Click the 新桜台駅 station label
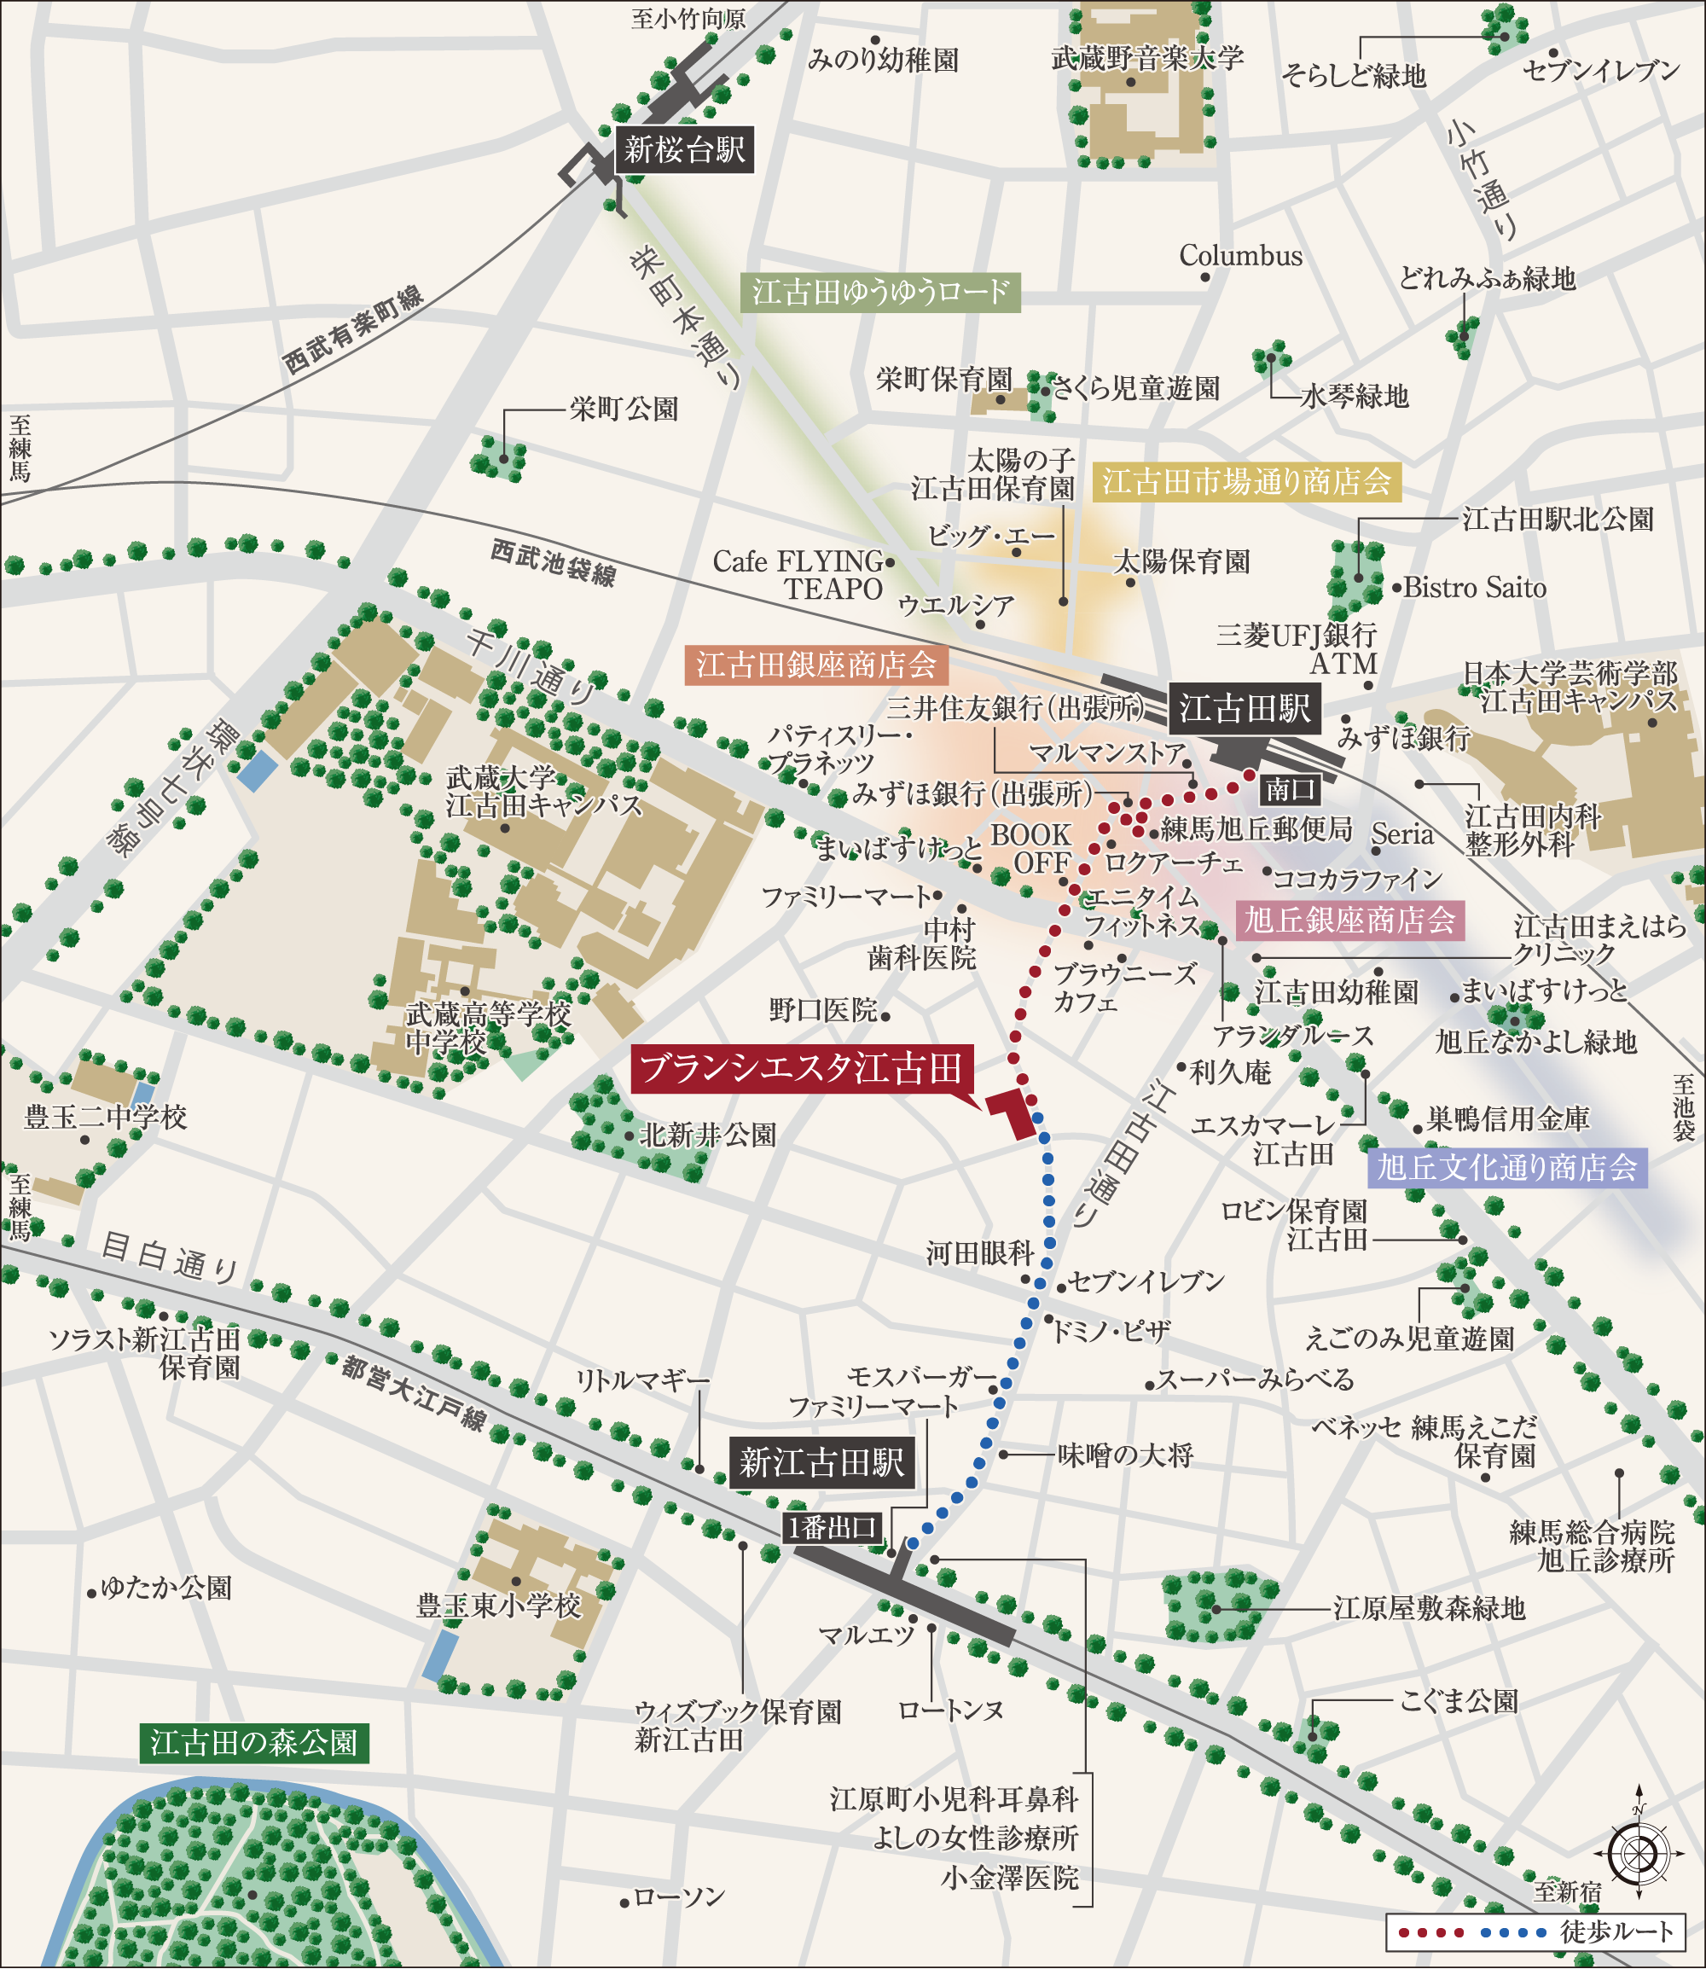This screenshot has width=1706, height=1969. point(684,149)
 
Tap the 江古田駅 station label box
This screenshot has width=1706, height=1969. point(1245,708)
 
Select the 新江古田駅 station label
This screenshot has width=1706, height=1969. point(821,1462)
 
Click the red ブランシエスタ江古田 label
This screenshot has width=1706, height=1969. point(802,1069)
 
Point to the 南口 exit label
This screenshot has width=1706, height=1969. point(1291,788)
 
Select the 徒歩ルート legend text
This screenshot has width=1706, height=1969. point(1616,1931)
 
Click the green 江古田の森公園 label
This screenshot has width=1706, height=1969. point(253,1742)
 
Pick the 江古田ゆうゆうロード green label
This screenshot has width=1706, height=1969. point(880,293)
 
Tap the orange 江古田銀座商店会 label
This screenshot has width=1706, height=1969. point(815,665)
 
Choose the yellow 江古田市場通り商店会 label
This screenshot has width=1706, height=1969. point(1247,483)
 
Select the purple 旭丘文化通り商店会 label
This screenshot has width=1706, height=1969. point(1507,1167)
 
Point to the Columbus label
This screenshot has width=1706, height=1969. point(1240,256)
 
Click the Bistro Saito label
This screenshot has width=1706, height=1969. point(1475,589)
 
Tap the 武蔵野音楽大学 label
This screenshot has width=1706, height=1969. point(1147,59)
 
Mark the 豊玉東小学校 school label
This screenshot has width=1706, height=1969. point(499,1607)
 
